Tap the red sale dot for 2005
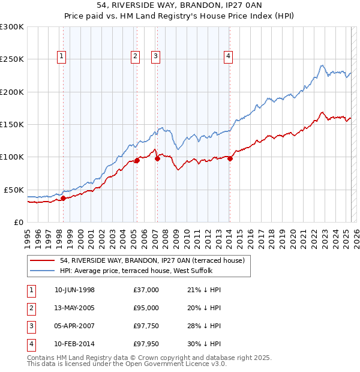137,160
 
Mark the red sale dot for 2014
230,158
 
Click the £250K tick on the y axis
12,59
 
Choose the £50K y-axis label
14,190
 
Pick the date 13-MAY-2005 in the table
75,308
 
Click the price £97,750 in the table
146,326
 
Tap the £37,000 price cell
146,290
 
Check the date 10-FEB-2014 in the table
75,344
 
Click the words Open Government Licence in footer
166,364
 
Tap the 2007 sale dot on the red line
157,159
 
